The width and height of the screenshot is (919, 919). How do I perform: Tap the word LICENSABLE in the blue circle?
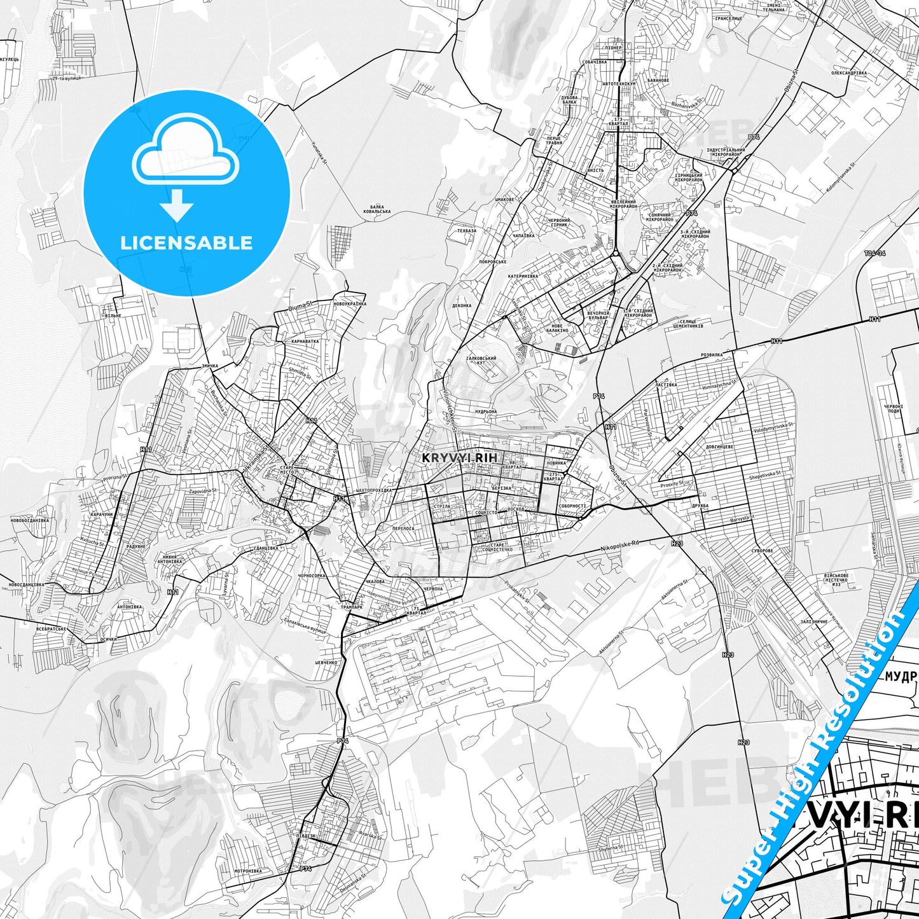point(186,243)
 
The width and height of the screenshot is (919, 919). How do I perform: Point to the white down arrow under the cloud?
point(177,205)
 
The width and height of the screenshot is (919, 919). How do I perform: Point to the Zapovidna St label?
point(199,491)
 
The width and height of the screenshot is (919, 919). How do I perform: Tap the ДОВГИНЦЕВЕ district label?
point(719,446)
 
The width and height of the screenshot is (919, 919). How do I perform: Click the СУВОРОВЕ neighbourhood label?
point(762,550)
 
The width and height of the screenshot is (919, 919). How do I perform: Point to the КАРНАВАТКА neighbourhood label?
point(305,341)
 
